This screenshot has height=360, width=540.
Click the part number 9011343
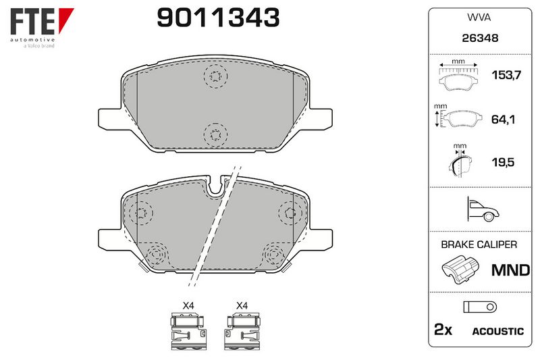[218, 18]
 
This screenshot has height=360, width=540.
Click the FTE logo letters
[32, 22]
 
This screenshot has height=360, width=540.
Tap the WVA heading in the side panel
[479, 18]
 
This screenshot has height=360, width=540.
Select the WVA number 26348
[480, 38]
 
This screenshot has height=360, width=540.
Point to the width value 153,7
[506, 75]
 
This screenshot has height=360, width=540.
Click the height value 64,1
[503, 120]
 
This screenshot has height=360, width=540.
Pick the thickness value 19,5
[503, 162]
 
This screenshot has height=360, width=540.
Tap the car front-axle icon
[483, 209]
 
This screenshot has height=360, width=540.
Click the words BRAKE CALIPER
[479, 245]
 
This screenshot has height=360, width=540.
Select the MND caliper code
[510, 270]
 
